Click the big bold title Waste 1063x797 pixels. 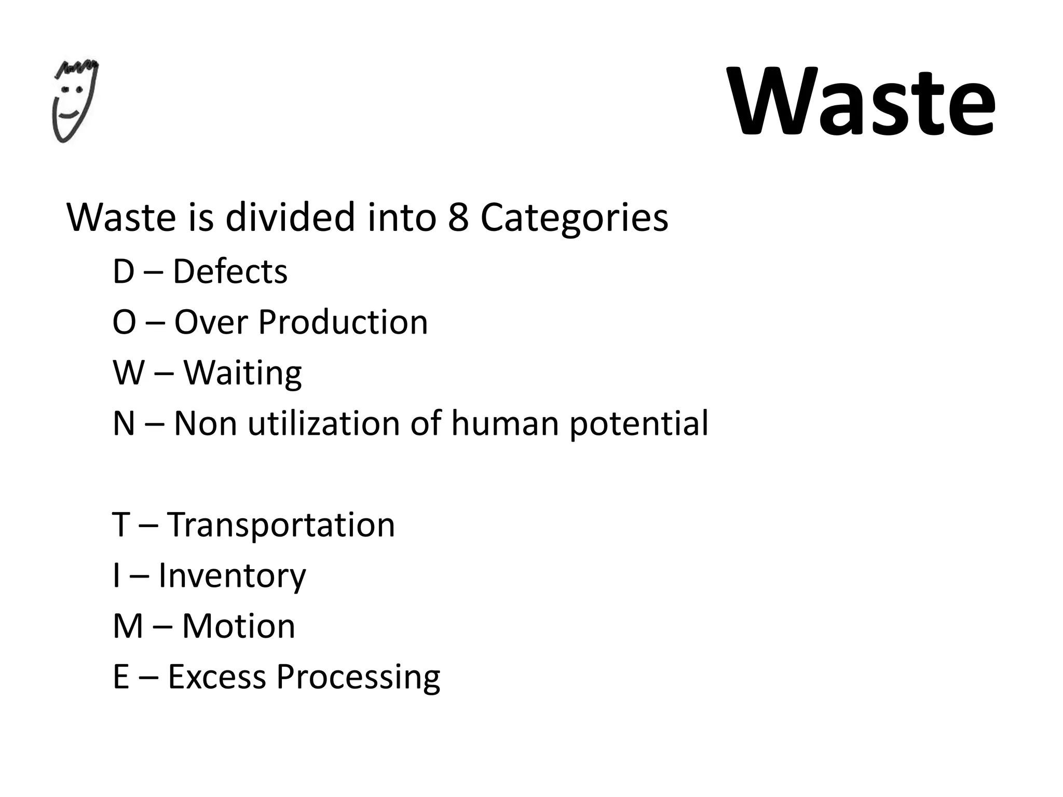[862, 101]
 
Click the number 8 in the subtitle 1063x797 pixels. [458, 217]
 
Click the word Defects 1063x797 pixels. [230, 271]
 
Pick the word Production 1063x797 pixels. [343, 322]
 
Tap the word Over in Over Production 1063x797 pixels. [211, 322]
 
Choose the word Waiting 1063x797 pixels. [242, 373]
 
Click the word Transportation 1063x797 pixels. [281, 525]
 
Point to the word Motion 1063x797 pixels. [238, 626]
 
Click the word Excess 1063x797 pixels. [216, 677]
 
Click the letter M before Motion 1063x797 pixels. [128, 626]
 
